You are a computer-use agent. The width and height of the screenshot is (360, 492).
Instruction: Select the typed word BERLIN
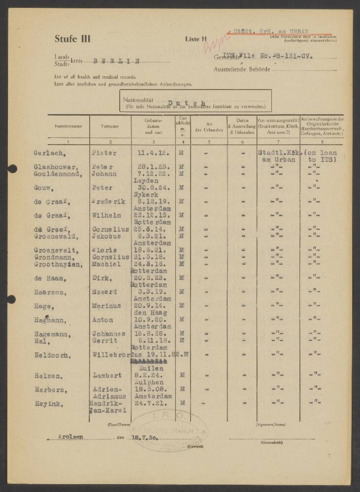[116, 62]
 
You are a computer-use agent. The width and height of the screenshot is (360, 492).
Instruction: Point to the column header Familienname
[68, 126]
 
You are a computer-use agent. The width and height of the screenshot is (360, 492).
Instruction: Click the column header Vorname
[109, 126]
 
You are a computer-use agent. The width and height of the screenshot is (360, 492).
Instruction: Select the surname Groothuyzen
[57, 264]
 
